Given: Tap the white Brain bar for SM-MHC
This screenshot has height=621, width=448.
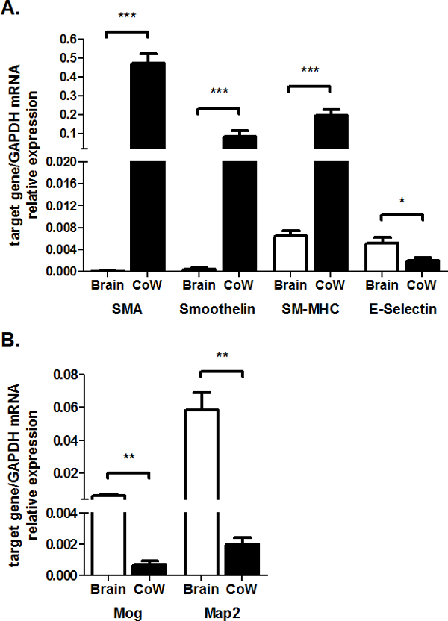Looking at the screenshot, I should [x=289, y=253].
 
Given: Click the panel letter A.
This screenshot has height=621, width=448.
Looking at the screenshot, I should [x=13, y=11].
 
